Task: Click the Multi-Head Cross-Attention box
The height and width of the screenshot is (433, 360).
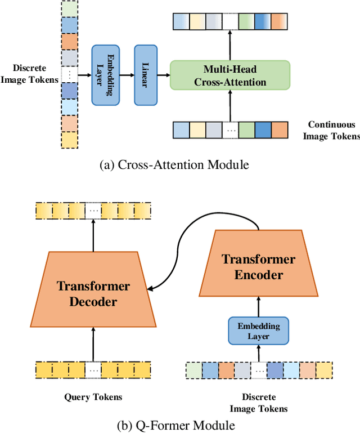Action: [x=230, y=75]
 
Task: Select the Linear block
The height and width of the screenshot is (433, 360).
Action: [x=145, y=75]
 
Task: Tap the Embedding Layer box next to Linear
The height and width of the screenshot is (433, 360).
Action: [x=106, y=75]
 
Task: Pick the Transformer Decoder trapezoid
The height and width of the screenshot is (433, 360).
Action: [x=93, y=293]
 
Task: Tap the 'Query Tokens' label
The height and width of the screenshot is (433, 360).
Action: [x=93, y=397]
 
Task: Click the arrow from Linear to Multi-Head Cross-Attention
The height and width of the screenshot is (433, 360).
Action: [x=163, y=75]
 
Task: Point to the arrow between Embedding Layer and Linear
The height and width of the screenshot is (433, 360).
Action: [x=127, y=75]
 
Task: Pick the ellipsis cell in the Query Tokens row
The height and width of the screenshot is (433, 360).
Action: [x=93, y=370]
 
